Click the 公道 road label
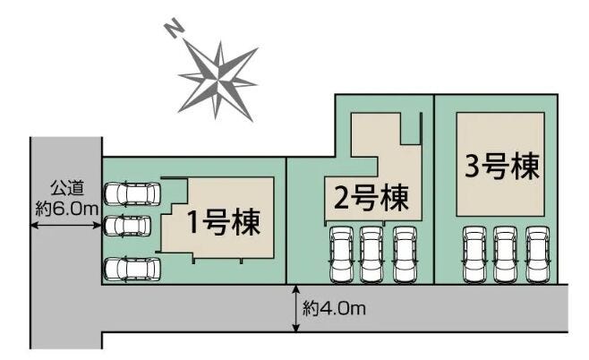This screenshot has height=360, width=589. (x=65, y=189)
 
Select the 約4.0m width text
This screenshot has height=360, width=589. (x=334, y=309)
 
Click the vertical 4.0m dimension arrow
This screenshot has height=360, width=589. (x=294, y=310)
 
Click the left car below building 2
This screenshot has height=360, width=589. (x=341, y=253)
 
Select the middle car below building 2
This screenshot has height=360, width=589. (x=371, y=253)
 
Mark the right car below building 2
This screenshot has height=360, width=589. (x=404, y=253)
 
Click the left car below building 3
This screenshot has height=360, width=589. (x=474, y=253)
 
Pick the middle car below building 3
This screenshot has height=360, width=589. (x=506, y=253)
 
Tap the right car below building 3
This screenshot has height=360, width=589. (x=537, y=253)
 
